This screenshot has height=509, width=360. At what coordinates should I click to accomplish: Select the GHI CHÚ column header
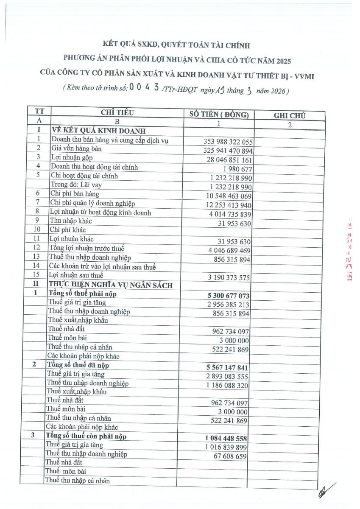(290, 115)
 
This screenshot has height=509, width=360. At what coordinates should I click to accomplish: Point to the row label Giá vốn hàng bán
(76, 149)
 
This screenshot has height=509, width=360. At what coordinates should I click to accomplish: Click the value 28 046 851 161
(225, 160)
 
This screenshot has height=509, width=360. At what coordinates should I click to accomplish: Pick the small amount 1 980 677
(237, 169)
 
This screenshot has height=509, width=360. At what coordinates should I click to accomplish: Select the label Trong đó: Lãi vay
(76, 185)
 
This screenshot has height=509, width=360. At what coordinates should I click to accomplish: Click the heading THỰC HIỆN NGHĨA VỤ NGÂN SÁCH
(111, 285)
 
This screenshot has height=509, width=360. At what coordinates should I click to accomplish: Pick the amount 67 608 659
(231, 456)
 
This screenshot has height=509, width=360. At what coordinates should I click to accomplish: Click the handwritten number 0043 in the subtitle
(145, 88)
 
